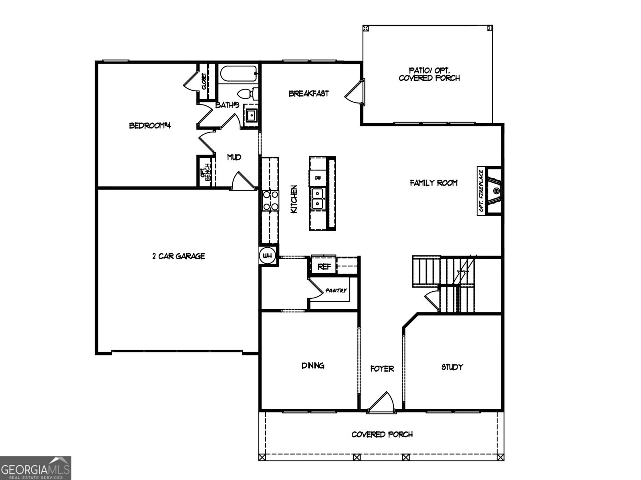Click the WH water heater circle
[267, 256]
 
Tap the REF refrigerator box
[324, 266]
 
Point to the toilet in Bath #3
[247, 94]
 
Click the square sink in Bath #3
[251, 115]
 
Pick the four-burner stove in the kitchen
[270, 201]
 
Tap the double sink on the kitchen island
[318, 199]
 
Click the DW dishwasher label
[318, 178]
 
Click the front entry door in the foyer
[381, 402]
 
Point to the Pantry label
[336, 291]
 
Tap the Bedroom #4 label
[150, 126]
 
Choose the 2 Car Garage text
[178, 256]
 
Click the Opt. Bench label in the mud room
[205, 172]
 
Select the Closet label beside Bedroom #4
[204, 82]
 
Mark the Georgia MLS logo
[35, 468]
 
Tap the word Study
[452, 367]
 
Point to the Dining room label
[313, 365]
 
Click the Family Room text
[433, 183]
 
